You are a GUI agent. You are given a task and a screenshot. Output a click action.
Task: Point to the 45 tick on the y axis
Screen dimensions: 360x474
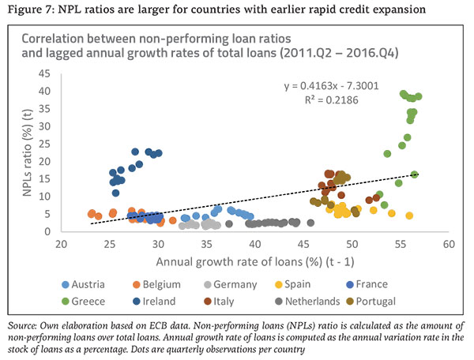coord(45,73)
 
